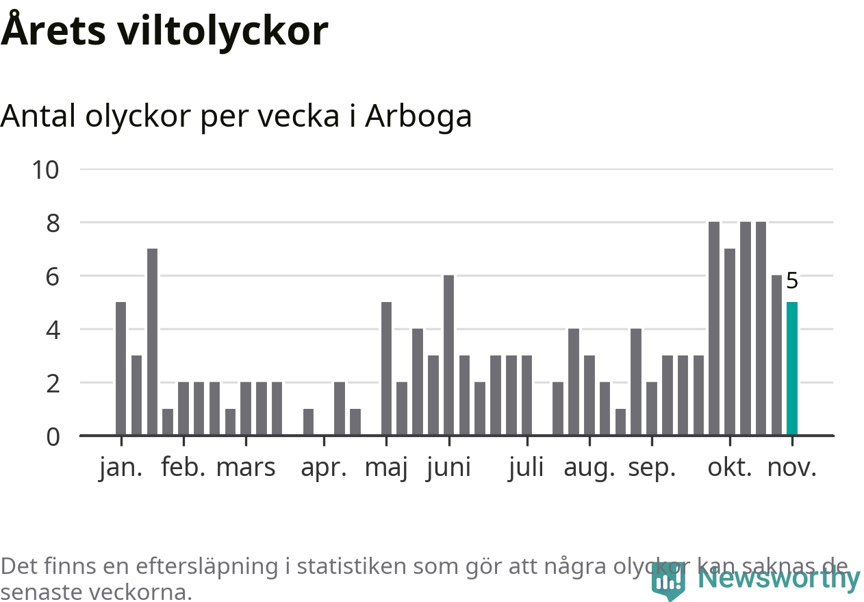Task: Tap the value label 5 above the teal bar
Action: pyautogui.click(x=792, y=281)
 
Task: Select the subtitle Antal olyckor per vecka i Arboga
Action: pyautogui.click(x=236, y=116)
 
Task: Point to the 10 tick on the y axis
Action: pyautogui.click(x=46, y=169)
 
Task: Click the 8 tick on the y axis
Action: pyautogui.click(x=53, y=223)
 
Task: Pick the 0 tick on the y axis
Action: pyautogui.click(x=53, y=436)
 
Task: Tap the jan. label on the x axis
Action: pyautogui.click(x=121, y=468)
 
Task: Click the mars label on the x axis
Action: pyautogui.click(x=246, y=468)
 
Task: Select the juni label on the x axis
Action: pyautogui.click(x=448, y=468)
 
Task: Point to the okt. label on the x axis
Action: pyautogui.click(x=730, y=468)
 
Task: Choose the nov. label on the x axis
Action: pyautogui.click(x=792, y=468)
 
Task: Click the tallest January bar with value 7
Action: pyautogui.click(x=152, y=342)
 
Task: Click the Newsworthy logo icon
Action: pyautogui.click(x=668, y=581)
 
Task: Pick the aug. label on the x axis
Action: pyautogui.click(x=589, y=468)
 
